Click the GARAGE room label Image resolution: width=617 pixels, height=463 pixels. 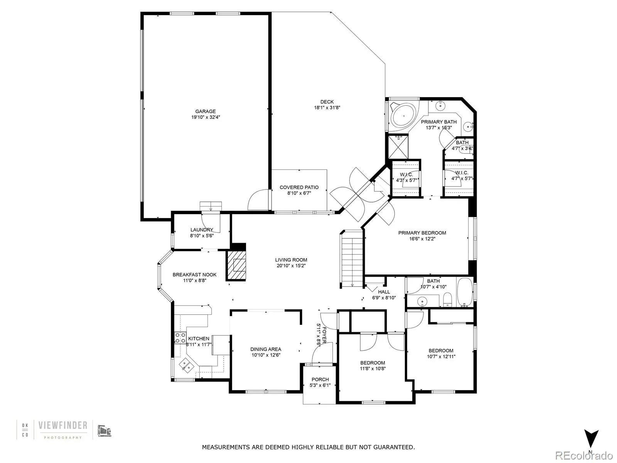coord(206,112)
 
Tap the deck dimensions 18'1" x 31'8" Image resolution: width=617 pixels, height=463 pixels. coord(327,108)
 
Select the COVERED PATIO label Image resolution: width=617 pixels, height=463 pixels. coord(299,188)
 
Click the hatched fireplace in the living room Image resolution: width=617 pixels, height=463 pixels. coord(236,266)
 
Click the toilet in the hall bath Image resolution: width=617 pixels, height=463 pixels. coord(447,299)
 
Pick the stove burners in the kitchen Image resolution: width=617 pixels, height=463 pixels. coord(180,338)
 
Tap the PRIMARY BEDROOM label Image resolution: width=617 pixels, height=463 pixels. coord(422,233)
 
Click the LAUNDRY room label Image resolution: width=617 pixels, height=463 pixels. coord(201,230)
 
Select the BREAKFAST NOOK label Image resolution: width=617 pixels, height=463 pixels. coord(194,275)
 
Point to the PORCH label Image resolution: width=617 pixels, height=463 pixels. coord(320,379)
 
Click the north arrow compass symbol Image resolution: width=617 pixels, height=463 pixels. coord(591,438)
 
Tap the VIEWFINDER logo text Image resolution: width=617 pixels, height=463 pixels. coord(62,426)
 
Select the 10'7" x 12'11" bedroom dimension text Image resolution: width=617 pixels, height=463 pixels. coord(441,357)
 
